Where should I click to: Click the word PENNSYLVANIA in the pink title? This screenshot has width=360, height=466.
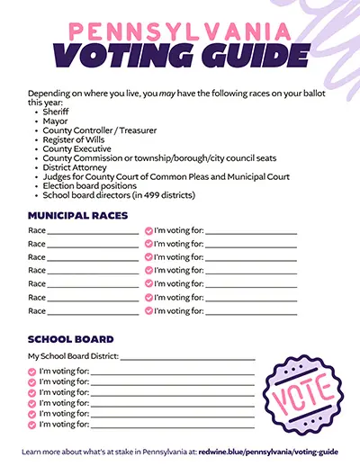tap(180, 31)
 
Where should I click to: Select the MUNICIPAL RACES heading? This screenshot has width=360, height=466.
tap(78, 217)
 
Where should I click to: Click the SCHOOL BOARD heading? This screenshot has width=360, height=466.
tap(71, 339)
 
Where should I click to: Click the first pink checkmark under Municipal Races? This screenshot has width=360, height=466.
tap(148, 231)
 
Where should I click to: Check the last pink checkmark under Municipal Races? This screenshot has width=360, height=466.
tap(148, 311)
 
